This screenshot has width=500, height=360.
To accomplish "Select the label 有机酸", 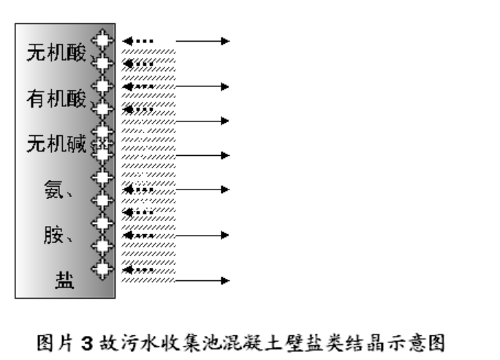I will (x=56, y=97).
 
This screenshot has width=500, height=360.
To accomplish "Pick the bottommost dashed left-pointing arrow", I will (x=138, y=269).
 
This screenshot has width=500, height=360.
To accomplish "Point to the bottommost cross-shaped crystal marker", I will (x=104, y=269).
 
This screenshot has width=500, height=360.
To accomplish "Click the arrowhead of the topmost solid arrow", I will (x=225, y=41).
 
